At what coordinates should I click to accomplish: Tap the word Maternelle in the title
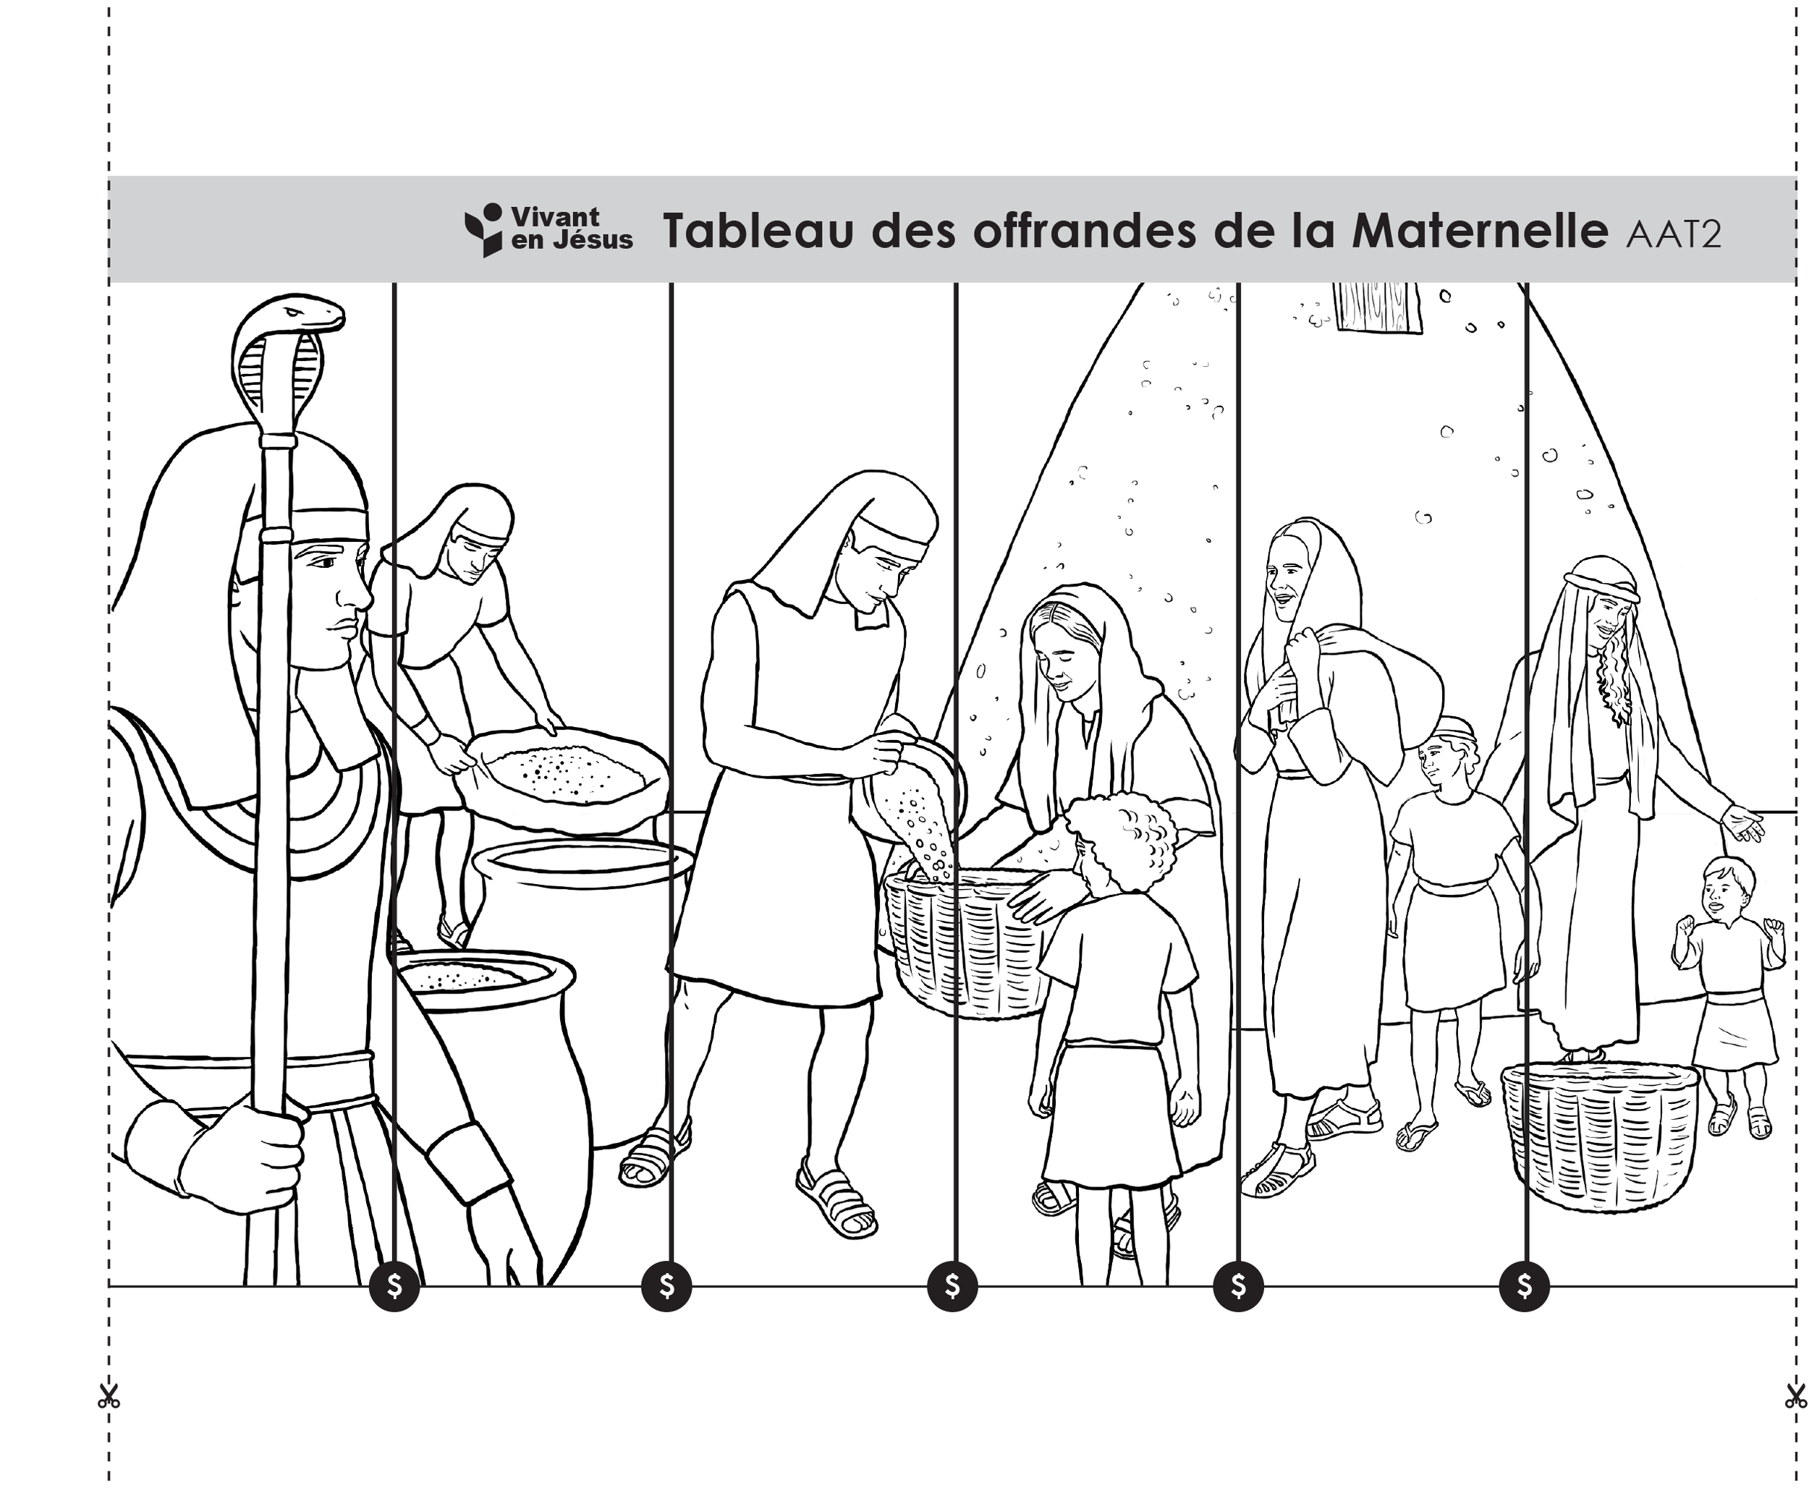[x=1479, y=231]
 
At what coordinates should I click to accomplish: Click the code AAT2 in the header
[x=1673, y=234]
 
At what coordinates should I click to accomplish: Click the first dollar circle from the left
[x=394, y=1285]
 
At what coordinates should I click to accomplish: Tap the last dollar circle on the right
[x=1525, y=1285]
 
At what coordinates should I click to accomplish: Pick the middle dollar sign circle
[x=952, y=1285]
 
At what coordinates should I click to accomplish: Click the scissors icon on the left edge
[x=109, y=1396]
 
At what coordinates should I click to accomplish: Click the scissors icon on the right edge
[x=1795, y=1396]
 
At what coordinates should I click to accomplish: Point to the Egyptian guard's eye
[x=326, y=563]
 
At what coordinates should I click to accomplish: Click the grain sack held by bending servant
[x=566, y=775]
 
